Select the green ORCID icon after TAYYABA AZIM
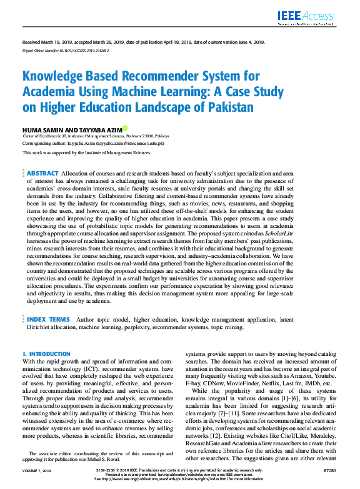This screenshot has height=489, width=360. click(x=124, y=127)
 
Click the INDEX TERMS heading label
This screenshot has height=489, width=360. click(x=48, y=319)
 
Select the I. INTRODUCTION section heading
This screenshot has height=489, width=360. click(x=46, y=353)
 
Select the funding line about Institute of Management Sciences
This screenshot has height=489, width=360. click(x=86, y=152)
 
